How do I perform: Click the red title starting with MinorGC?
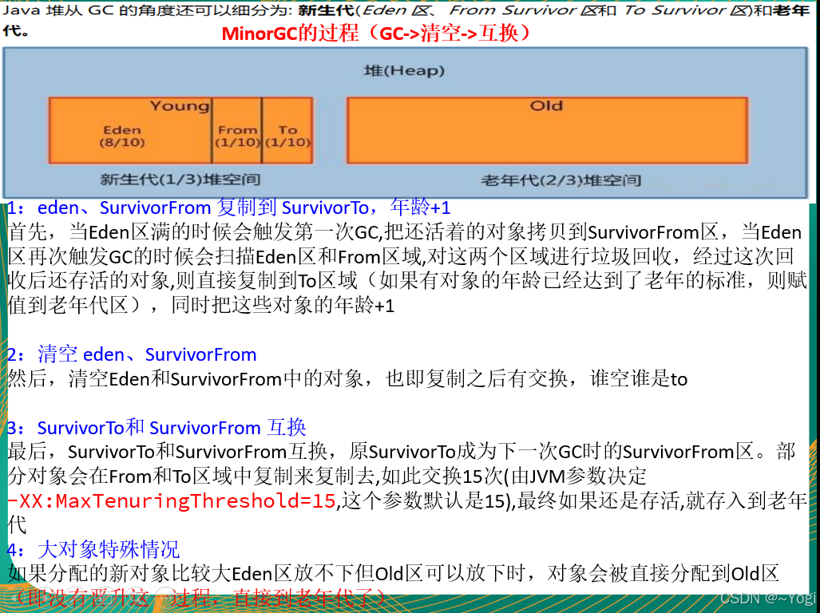pyautogui.click(x=376, y=34)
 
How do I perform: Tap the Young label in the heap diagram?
pyautogui.click(x=180, y=106)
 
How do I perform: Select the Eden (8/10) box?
pyautogui.click(x=121, y=136)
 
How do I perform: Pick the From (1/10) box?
pyautogui.click(x=238, y=136)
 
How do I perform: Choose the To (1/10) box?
pyautogui.click(x=287, y=136)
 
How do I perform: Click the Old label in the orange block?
pyautogui.click(x=546, y=106)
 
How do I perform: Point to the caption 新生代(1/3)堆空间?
pyautogui.click(x=180, y=179)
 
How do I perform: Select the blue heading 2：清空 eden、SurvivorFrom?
pyautogui.click(x=132, y=354)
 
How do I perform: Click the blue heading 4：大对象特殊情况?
pyautogui.click(x=93, y=549)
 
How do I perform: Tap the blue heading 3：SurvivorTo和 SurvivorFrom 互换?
pyautogui.click(x=156, y=428)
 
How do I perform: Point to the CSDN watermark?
pyautogui.click(x=766, y=598)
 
